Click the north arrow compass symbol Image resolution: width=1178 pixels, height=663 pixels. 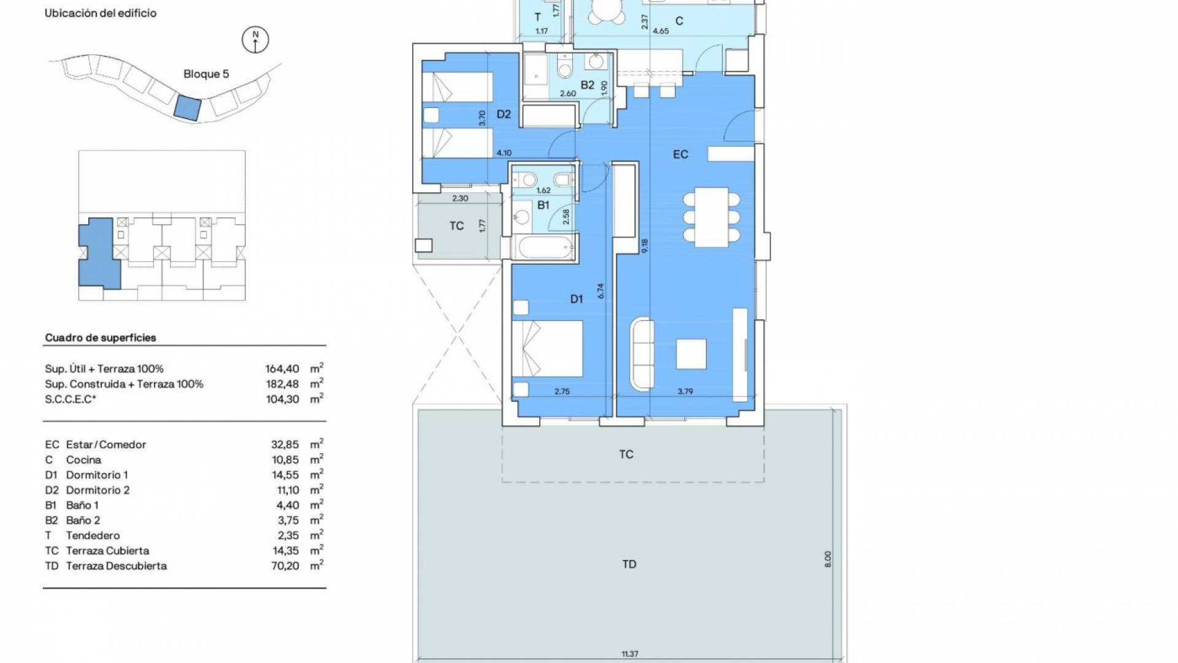(x=256, y=40)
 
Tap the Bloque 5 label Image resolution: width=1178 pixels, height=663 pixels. (x=206, y=74)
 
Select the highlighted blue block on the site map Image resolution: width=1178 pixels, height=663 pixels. (x=187, y=108)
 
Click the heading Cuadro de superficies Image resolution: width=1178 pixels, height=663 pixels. (x=101, y=338)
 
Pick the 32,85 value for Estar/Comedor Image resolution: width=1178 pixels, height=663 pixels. (x=285, y=445)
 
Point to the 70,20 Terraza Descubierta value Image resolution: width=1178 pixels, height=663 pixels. (x=285, y=566)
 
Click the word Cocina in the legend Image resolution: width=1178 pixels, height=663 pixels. (x=83, y=460)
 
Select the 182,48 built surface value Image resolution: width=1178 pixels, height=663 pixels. (x=282, y=384)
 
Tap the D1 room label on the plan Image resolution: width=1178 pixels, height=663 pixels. (x=576, y=299)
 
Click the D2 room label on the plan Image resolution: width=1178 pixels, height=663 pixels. (x=504, y=114)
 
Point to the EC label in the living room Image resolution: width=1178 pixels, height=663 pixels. (x=680, y=154)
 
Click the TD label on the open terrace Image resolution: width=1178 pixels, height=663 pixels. (x=629, y=564)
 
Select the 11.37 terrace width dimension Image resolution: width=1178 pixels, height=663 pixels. (x=629, y=654)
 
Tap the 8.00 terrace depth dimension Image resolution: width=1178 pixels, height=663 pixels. (x=827, y=559)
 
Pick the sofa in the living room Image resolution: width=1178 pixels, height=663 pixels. (x=642, y=353)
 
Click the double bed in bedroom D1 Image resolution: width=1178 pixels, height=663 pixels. (x=547, y=349)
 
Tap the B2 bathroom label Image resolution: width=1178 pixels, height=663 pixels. (x=587, y=85)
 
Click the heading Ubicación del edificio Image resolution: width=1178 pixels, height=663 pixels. (x=101, y=13)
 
